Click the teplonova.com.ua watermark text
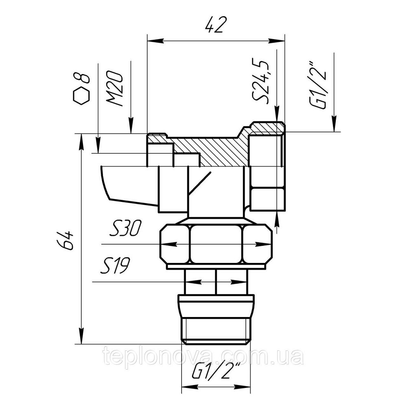pos(203,357)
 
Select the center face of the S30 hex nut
pos(216,244)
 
